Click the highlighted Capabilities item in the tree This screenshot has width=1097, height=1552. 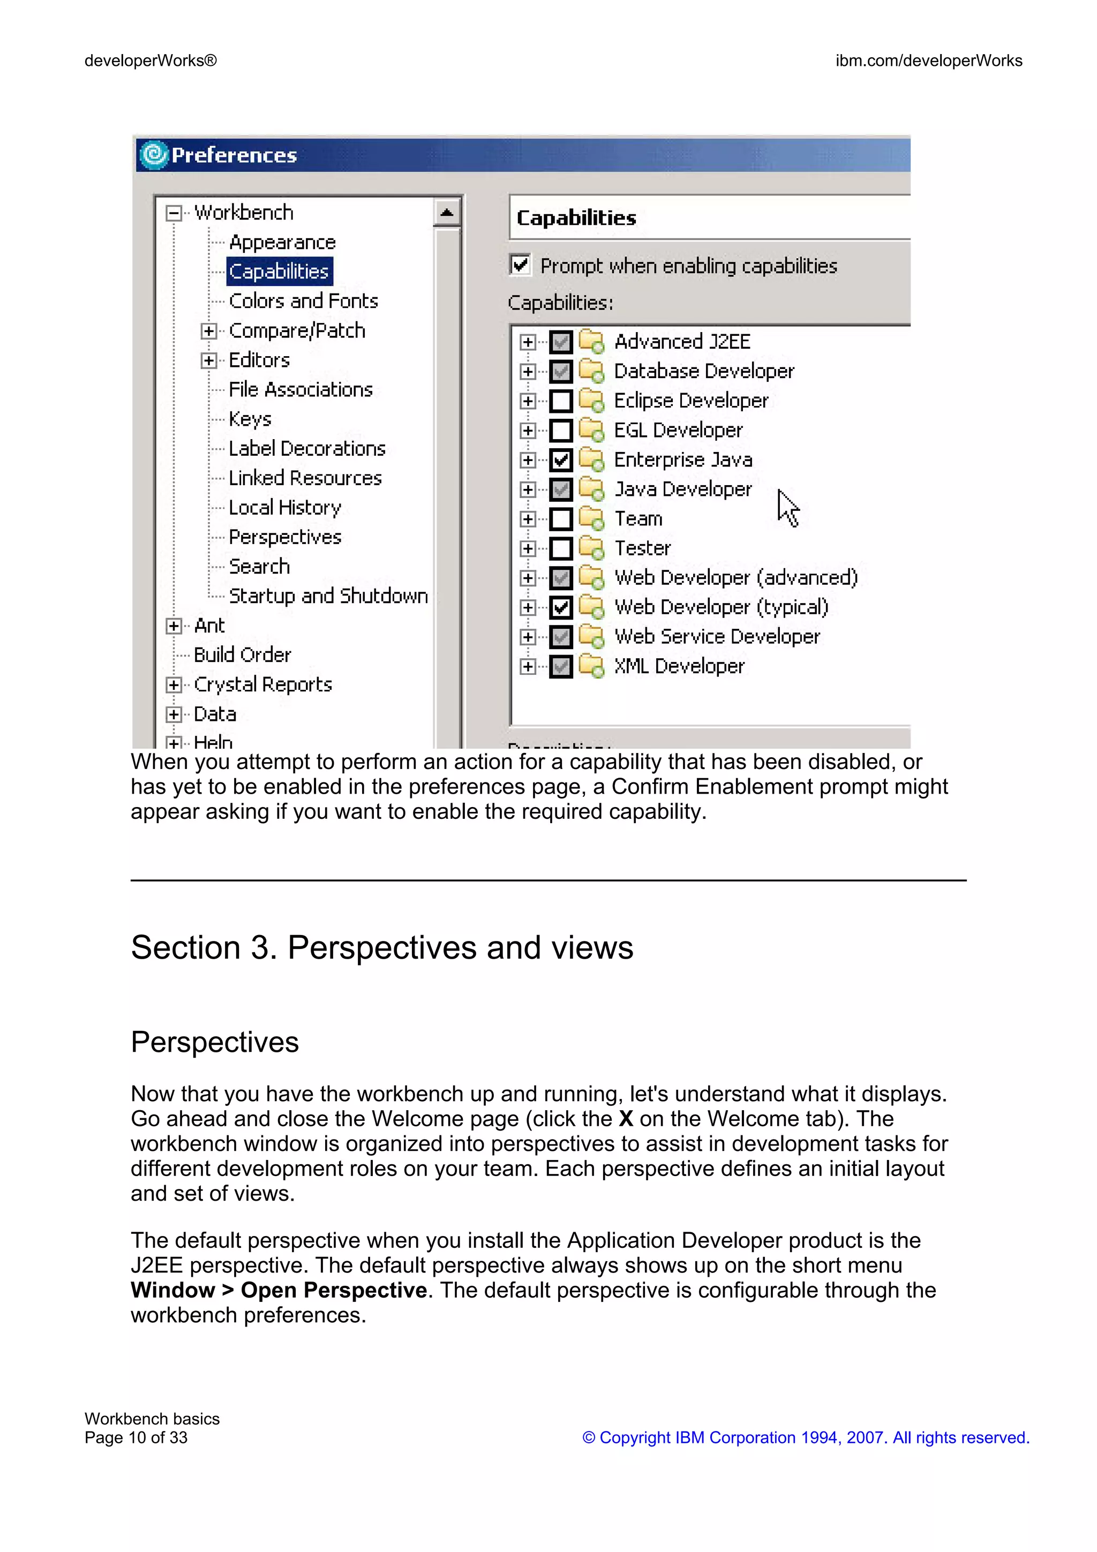pos(279,271)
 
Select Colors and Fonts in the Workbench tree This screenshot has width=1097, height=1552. pos(303,301)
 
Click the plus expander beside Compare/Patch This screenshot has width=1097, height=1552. pos(209,330)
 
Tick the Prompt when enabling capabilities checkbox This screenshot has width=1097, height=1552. pos(520,265)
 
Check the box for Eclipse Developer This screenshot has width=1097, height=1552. pos(560,401)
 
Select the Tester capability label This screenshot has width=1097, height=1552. pos(642,548)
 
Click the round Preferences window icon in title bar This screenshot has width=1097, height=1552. pos(153,155)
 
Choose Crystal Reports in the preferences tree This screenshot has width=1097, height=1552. pos(263,685)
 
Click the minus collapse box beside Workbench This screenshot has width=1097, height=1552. pos(174,213)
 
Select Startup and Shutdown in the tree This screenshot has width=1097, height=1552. pos(328,596)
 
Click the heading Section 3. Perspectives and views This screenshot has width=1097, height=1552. pos(382,947)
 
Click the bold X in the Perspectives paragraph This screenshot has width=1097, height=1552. pos(626,1119)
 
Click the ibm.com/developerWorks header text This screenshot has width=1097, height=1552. pos(928,61)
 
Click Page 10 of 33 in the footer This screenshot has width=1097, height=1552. pos(136,1438)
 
